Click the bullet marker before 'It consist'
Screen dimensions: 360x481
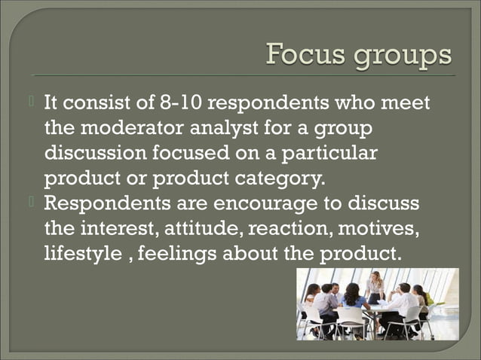(35, 100)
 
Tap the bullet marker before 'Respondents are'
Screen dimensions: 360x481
(35, 202)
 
